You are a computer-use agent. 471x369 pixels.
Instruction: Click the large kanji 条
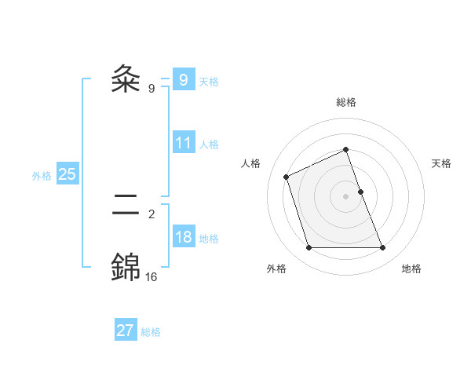tap(126, 79)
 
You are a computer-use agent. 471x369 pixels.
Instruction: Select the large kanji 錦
tap(126, 268)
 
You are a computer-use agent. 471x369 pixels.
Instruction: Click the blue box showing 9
tap(183, 79)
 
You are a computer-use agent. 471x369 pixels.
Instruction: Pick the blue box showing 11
tap(183, 144)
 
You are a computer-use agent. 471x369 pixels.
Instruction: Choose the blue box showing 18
tap(183, 238)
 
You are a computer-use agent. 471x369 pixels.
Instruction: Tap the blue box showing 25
tap(67, 174)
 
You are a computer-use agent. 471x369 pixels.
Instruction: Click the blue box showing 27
tap(125, 331)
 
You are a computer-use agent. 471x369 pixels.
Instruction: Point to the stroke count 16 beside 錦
tap(151, 276)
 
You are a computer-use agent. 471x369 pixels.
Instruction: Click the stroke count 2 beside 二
tap(151, 213)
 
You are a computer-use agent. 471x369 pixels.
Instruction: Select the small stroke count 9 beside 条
tap(151, 89)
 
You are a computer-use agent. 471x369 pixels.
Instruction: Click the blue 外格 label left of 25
tap(42, 176)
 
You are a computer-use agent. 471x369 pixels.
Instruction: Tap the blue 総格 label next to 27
tap(151, 332)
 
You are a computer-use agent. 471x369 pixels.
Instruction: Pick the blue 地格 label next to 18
tap(209, 239)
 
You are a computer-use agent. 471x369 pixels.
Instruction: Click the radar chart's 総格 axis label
tap(346, 102)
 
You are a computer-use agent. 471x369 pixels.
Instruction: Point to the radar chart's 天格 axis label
tap(441, 163)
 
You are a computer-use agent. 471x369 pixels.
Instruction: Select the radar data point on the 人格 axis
tap(287, 177)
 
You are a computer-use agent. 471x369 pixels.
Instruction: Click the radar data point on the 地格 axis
tap(383, 248)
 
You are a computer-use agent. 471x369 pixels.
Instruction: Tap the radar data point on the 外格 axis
tap(309, 248)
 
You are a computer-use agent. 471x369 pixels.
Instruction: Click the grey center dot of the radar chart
tap(346, 196)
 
